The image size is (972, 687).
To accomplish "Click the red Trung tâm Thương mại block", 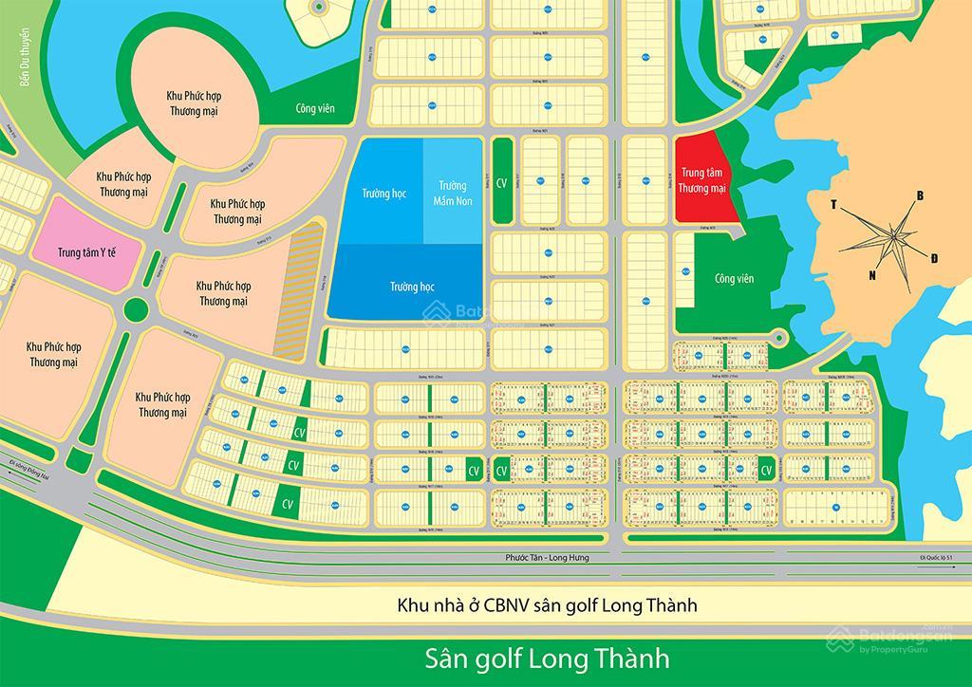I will pos(703,180).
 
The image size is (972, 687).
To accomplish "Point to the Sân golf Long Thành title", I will pos(546,658).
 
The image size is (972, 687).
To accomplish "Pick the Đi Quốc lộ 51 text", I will pos(942,558).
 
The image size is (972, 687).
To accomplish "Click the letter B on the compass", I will pos(919,196).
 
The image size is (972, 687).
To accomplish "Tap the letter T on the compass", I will pos(833,205).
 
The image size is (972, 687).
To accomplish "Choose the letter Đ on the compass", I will pos(936,258).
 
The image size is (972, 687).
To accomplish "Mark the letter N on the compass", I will pos(871,275).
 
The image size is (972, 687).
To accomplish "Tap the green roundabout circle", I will pos(139,309).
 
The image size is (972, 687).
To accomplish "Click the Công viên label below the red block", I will pos(734,278).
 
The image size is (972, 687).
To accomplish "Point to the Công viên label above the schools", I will pos(314,109).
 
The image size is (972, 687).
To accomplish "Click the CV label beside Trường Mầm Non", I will pos(503,179).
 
